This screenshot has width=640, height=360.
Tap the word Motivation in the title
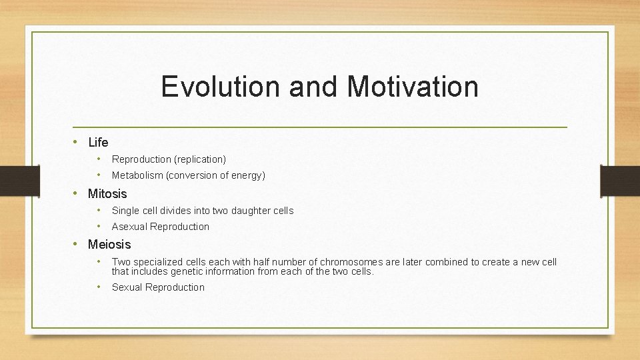point(413,87)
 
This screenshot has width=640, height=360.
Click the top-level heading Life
point(98,142)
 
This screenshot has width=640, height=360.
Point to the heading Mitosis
point(107,193)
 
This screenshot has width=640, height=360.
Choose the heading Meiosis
point(109,245)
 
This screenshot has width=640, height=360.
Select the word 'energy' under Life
point(247,176)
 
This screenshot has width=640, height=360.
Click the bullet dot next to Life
point(77,142)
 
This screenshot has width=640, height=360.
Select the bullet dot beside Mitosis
point(77,193)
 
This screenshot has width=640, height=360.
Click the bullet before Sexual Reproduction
point(98,287)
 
